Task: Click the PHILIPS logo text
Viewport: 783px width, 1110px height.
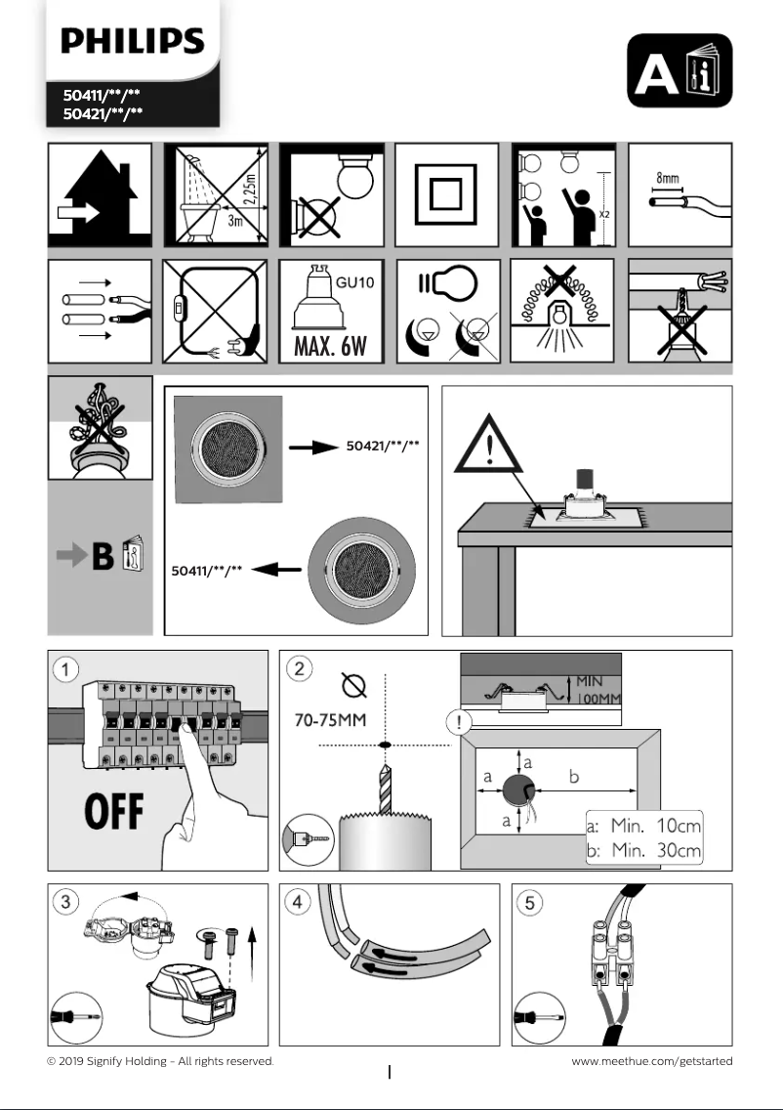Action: coord(132,42)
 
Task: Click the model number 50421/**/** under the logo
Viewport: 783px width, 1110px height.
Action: coord(103,113)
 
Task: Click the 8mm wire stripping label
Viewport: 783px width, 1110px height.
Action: coord(669,180)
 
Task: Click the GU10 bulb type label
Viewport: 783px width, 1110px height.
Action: coord(355,281)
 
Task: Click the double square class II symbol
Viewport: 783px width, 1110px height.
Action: coord(447,195)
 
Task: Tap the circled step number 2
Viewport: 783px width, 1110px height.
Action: coord(299,669)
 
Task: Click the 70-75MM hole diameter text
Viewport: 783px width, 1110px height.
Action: coord(332,722)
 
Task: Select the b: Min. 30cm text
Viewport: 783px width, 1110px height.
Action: coord(643,850)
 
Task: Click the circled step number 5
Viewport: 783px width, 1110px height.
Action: coord(529,902)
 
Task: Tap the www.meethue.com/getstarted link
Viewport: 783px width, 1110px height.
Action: coord(651,1061)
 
